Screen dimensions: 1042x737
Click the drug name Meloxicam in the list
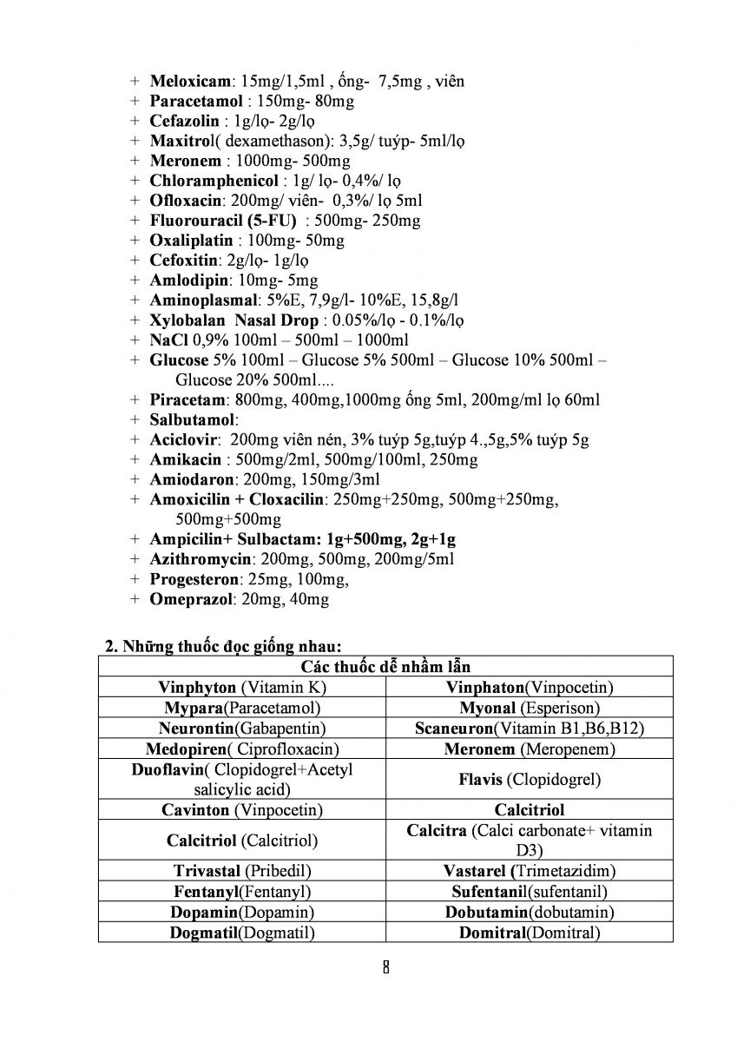coord(190,81)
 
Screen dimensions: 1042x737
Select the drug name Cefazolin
coord(183,121)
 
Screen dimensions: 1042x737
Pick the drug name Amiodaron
coord(192,478)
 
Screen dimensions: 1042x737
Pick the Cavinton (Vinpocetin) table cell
coord(242,809)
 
